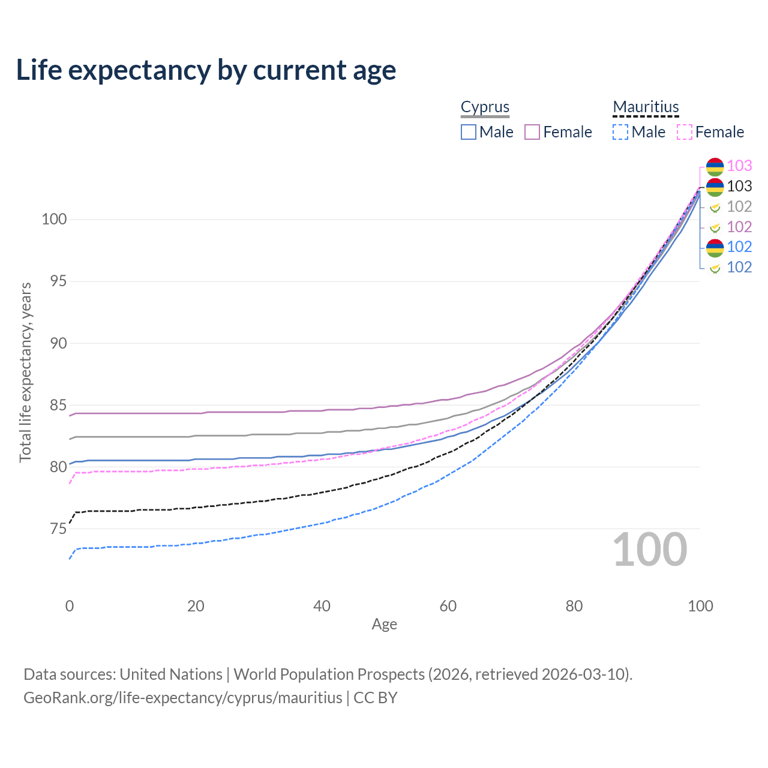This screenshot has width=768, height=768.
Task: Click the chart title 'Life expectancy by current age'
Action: [x=206, y=70]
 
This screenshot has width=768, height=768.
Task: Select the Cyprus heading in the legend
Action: [x=485, y=107]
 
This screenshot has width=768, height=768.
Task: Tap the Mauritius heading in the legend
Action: [x=646, y=107]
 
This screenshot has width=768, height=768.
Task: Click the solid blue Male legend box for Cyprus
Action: [x=469, y=132]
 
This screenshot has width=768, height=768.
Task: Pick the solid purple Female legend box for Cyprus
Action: [x=532, y=132]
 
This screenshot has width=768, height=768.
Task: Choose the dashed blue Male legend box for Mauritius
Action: [x=620, y=132]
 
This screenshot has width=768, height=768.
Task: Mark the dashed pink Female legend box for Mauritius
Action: [x=685, y=132]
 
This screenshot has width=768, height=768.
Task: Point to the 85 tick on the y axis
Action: [x=54, y=406]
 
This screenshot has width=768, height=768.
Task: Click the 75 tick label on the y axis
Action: [x=54, y=529]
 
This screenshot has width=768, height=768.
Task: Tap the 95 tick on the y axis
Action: [x=54, y=281]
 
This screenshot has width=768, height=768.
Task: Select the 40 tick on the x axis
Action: [x=322, y=606]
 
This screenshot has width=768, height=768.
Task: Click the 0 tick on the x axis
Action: [x=70, y=606]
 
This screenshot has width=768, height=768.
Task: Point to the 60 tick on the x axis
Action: [x=448, y=606]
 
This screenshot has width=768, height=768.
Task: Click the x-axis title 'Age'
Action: [x=384, y=625]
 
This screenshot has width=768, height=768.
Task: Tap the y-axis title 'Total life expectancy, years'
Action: [x=25, y=373]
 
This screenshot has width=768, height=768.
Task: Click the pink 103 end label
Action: [x=739, y=166]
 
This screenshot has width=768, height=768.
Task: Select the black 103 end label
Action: [x=739, y=186]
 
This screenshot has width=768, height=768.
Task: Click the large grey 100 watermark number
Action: [x=650, y=550]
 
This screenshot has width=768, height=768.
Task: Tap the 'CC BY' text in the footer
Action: [x=375, y=698]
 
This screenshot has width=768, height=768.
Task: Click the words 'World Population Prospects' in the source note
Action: [x=329, y=674]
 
